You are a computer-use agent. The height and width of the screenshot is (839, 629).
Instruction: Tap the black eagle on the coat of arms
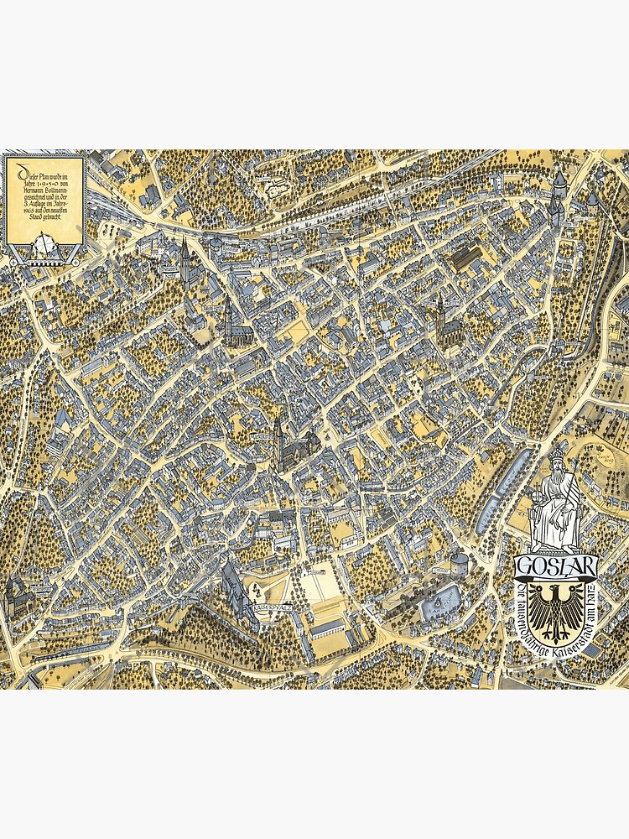click(x=556, y=613)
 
